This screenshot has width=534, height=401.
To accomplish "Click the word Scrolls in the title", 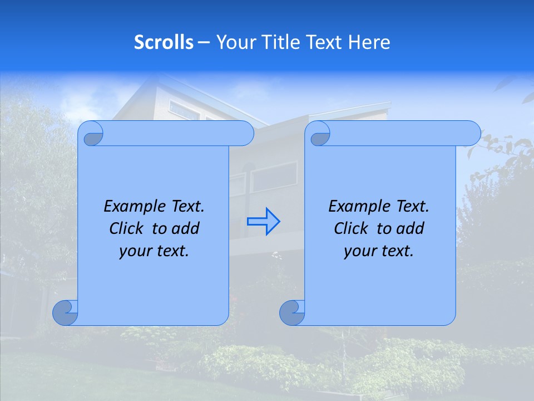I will click(x=164, y=42).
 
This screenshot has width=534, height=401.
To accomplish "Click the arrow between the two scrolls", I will click(x=264, y=222).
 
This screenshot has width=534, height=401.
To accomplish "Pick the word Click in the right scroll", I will click(x=350, y=228).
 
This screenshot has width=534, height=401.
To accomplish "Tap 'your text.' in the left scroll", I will click(x=154, y=251).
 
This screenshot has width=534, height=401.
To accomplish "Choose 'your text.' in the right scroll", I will click(x=379, y=251).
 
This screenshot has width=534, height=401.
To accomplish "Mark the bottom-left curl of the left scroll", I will click(x=65, y=312).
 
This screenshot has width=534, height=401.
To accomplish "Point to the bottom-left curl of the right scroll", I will click(x=291, y=312).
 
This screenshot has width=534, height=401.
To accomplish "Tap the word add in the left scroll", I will click(x=186, y=228).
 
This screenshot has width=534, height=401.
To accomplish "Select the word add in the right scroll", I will click(x=411, y=228).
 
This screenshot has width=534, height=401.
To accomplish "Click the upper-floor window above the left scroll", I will click(x=184, y=110).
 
